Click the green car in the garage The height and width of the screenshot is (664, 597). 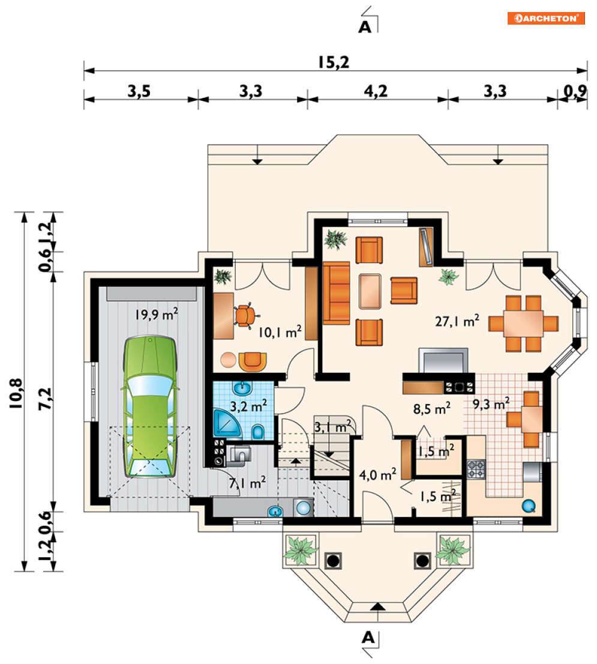coord(150,406)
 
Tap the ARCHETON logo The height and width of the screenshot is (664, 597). coord(546,18)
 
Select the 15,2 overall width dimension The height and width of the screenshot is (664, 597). coord(334,62)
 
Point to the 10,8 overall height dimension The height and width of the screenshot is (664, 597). coord(16,393)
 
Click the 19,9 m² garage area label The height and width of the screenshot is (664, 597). coord(157,314)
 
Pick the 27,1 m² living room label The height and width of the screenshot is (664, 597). coord(457,321)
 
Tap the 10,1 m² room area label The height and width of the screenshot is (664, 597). coord(280,331)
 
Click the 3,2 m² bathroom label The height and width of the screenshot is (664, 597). coord(248,406)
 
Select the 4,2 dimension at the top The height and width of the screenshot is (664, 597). coord(376,91)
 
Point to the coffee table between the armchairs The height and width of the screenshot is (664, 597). coord(370,291)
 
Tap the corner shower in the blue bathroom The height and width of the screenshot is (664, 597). coord(226,423)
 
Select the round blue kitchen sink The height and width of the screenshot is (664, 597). coord(529,506)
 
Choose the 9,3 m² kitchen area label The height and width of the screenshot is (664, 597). coord(491,403)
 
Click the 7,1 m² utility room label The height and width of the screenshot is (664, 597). coord(248,482)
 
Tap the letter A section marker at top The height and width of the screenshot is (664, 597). coord(365,27)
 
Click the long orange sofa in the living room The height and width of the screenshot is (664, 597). coord(337,293)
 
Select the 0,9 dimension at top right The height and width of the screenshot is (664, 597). coord(575,91)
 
